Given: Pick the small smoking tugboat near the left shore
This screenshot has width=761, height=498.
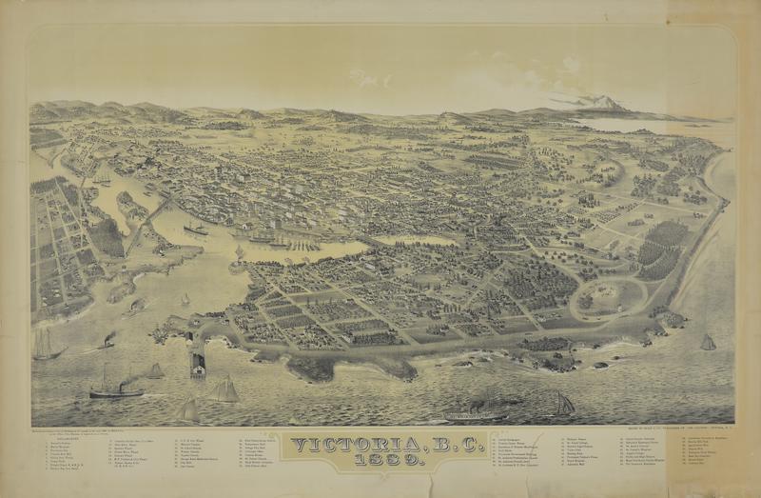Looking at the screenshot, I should (107, 340).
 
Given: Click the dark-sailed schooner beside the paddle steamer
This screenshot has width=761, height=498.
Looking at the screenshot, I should (563, 404).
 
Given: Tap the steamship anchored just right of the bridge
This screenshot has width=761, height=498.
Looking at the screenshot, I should (196, 229).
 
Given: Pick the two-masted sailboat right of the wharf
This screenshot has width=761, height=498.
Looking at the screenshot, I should (225, 388).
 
